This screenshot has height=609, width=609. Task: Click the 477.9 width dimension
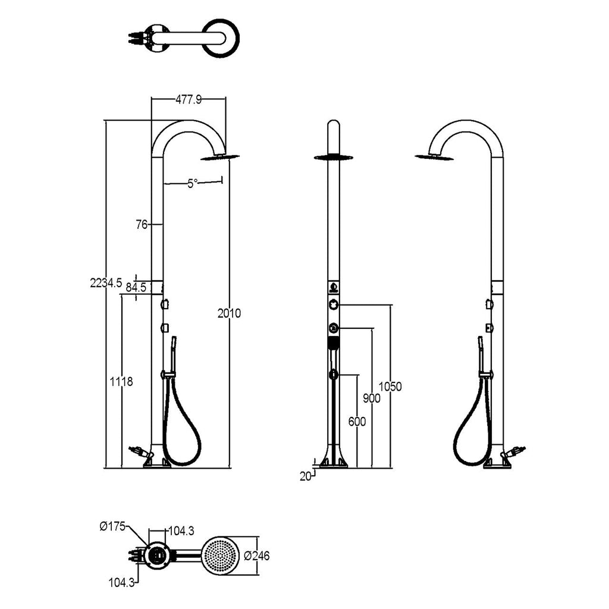coord(189,100)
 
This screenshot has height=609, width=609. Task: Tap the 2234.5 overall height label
coord(106,282)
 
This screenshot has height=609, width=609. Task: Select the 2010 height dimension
coord(229,313)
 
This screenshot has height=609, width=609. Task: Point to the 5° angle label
coord(193,183)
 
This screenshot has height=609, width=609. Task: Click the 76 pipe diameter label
coord(142,224)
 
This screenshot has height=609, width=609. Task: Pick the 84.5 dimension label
coord(136,288)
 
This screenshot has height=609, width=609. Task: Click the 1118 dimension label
coord(121,382)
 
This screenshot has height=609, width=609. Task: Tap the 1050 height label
coord(390,387)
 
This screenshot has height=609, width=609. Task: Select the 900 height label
coord(372,398)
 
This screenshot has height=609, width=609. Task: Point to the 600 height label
coord(357,422)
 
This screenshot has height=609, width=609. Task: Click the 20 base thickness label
coord(306,476)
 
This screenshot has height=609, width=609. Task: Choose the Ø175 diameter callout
coord(112,527)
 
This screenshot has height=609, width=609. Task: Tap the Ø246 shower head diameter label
coord(257,556)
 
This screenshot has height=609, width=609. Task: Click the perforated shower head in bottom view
coord(221,556)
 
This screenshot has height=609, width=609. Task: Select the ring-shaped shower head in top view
coord(221,39)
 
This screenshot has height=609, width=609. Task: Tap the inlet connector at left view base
coord(139,452)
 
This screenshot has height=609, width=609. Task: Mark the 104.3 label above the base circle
coord(181,530)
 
